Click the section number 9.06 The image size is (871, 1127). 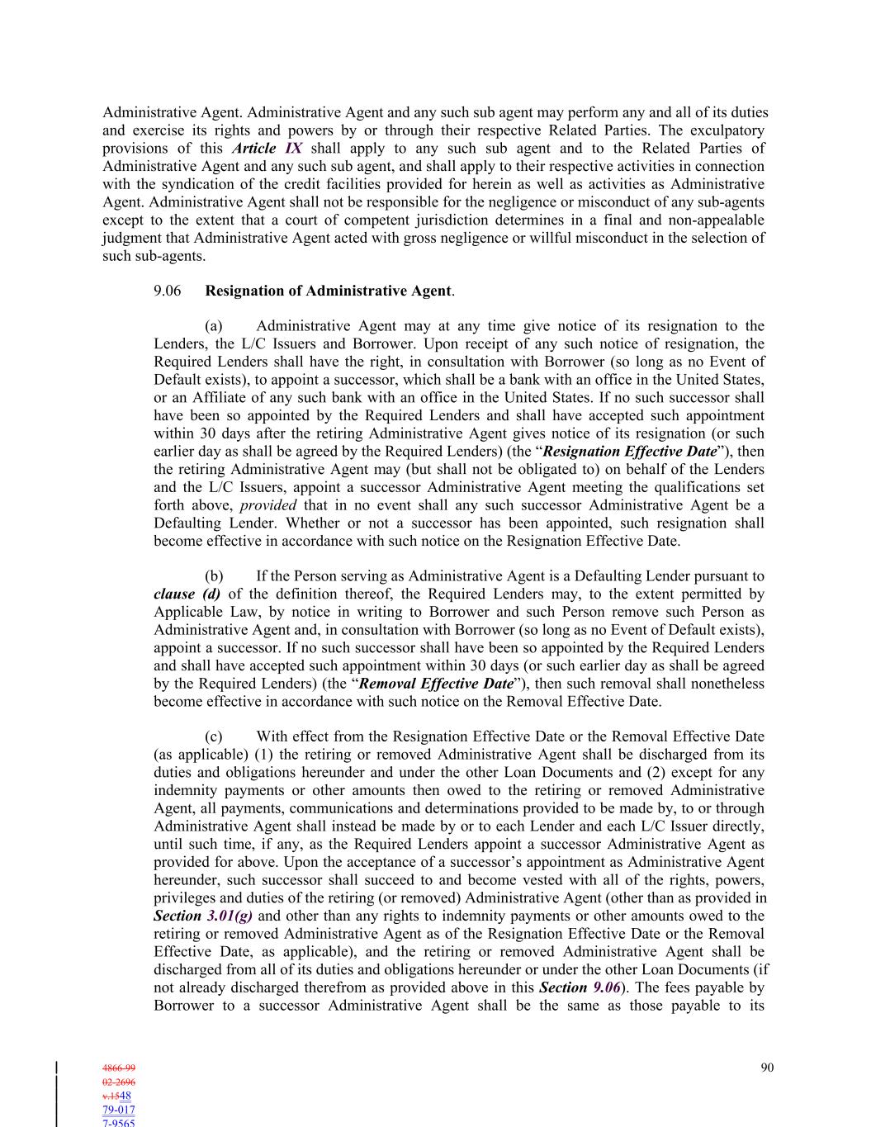168,291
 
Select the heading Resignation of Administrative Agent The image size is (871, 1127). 329,291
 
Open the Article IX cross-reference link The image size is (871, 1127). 267,149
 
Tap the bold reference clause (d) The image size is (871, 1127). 187,594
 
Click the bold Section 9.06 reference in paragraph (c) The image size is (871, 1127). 580,987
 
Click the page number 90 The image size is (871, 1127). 767,1068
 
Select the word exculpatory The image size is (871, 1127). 724,130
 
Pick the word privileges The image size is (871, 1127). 183,898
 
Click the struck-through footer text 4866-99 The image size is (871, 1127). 118,1068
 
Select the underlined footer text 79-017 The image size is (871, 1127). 118,1110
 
